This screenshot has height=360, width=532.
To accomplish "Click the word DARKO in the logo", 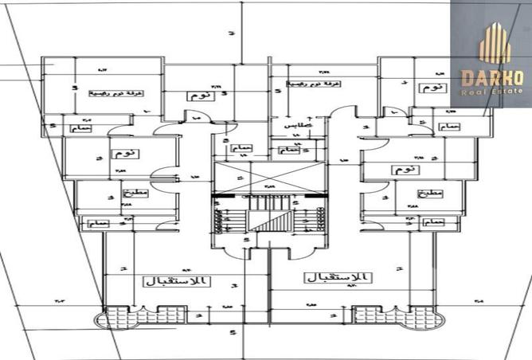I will (491, 78).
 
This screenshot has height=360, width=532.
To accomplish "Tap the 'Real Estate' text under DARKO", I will (491, 91).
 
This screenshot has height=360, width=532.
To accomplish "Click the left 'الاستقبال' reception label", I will (177, 281).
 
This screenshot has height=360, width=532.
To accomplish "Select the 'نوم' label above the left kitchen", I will (125, 154).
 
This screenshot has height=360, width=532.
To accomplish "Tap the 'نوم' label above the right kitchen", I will (404, 170).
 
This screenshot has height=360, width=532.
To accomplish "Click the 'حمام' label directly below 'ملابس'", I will (291, 149).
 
